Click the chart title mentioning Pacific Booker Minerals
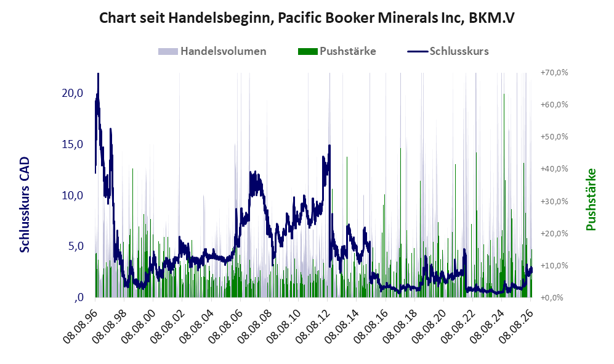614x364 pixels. click(307, 18)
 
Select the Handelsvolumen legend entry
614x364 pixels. click(212, 51)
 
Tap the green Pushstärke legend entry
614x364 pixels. click(337, 51)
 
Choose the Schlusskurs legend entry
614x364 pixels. click(448, 51)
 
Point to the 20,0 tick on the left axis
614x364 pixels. click(73, 93)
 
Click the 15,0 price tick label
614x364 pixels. click(73, 144)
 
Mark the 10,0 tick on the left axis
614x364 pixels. click(73, 196)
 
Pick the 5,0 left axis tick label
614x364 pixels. click(76, 246)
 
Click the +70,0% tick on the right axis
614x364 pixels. click(554, 73)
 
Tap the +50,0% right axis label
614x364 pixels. click(554, 137)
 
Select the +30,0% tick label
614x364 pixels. click(554, 201)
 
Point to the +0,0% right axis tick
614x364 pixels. click(552, 298)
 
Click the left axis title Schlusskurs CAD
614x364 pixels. click(24, 204)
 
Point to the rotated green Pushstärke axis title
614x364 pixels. click(591, 199)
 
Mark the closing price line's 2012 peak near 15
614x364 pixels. click(329, 146)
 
